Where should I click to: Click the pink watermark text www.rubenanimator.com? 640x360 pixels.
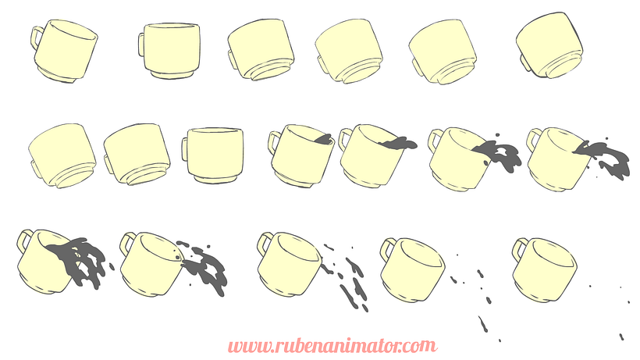point(332,346)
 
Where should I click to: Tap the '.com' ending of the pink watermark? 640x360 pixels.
point(418,347)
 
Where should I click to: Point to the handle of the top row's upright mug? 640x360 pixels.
point(141,45)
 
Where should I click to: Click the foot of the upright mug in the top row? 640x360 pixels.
point(172,74)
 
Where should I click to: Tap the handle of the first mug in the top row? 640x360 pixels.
point(37,37)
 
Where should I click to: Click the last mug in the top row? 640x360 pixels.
point(549,45)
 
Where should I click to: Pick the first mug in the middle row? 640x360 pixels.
point(62,155)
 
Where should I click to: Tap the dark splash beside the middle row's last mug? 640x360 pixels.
point(604,159)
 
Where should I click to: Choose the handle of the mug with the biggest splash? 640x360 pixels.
point(24,241)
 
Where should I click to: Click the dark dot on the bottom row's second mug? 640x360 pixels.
point(176,257)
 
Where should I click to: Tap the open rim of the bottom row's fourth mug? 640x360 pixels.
point(421,252)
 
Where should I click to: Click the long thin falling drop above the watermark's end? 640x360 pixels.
point(483,324)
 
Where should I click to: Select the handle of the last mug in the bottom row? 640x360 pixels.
point(520,249)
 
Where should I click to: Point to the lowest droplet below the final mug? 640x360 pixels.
point(621,337)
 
